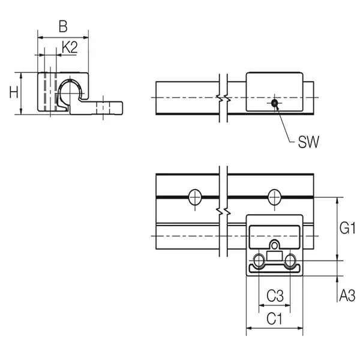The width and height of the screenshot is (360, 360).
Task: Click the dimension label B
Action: coord(62,26)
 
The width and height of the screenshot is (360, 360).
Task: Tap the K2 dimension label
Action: coord(70,48)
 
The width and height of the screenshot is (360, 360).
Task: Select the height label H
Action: coord(13,92)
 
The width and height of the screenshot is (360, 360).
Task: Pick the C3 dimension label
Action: coord(275,295)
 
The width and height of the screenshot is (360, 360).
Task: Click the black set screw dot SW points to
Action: coord(274,104)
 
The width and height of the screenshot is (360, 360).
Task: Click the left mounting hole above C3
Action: coord(259,261)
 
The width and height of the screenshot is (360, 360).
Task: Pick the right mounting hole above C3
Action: coord(291,261)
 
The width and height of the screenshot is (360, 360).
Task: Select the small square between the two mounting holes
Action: coord(275,257)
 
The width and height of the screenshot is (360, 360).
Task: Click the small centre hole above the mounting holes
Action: coord(275,246)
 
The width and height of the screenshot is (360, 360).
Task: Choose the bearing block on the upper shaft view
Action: coord(275,91)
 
